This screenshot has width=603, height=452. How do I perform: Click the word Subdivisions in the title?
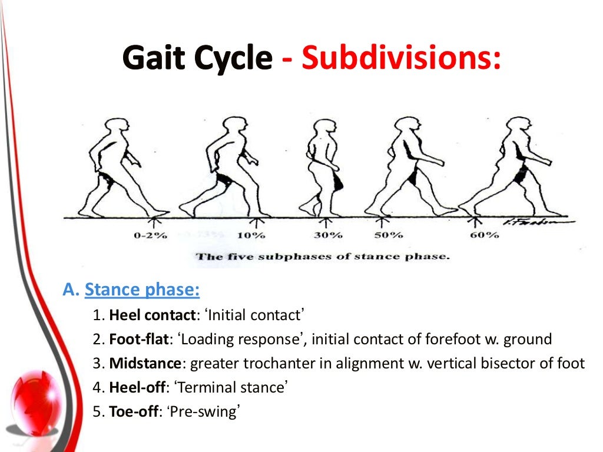pyautogui.click(x=402, y=59)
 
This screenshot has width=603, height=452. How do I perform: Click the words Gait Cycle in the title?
pyautogui.click(x=198, y=59)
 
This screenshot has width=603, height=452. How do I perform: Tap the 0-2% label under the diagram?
pyautogui.click(x=151, y=235)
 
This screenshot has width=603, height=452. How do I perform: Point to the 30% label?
pyautogui.click(x=328, y=235)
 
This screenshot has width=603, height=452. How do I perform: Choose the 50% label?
pyautogui.click(x=388, y=235)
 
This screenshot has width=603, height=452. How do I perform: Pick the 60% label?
pyautogui.click(x=485, y=235)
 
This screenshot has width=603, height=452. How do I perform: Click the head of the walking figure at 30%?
pyautogui.click(x=324, y=129)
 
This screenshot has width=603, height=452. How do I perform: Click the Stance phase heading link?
pyautogui.click(x=142, y=290)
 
